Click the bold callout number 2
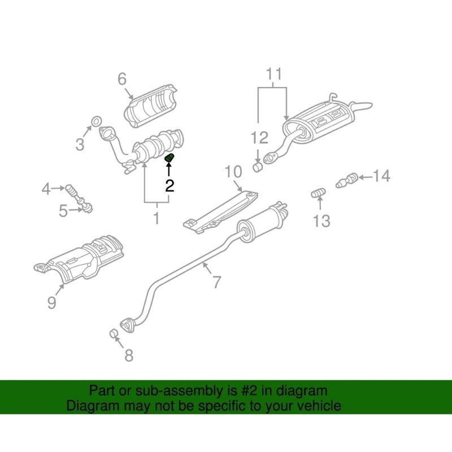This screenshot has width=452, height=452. click(x=169, y=186)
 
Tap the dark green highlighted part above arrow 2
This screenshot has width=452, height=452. click(x=169, y=158)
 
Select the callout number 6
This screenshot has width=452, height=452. click(x=122, y=79)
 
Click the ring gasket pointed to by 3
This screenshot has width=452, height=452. click(x=96, y=121)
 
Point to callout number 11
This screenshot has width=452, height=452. click(x=274, y=74)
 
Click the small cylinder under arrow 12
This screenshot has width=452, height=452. click(x=258, y=167)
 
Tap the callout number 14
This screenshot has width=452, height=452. click(x=382, y=176)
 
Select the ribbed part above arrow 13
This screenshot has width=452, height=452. click(x=319, y=193)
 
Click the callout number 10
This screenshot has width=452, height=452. click(x=233, y=172)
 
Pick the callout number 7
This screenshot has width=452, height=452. click(x=217, y=282)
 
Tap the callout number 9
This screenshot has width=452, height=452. click(x=51, y=302)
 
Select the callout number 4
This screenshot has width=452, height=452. click(x=46, y=189)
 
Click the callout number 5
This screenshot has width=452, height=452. click(x=63, y=211)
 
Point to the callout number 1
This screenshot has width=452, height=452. click(x=157, y=218)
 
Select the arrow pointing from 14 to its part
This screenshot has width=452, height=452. click(x=365, y=177)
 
